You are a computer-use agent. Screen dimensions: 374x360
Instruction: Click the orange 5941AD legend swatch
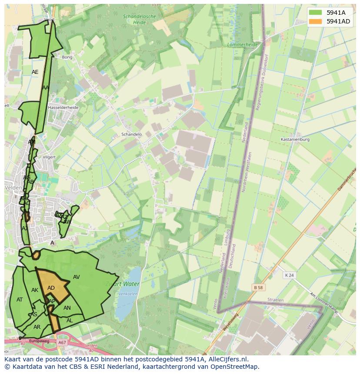[316, 21]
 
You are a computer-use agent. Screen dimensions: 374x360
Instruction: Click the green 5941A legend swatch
[316, 13]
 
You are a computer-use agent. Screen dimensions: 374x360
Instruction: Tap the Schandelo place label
[132, 135]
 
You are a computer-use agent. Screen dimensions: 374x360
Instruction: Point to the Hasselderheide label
[63, 107]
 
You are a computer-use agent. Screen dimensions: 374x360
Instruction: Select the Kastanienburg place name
[295, 139]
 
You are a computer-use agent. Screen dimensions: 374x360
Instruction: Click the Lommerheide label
[243, 44]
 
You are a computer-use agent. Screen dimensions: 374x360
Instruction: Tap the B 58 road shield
[259, 287]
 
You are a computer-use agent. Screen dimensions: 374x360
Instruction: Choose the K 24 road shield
[289, 275]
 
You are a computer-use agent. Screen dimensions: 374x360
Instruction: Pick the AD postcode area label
[51, 288]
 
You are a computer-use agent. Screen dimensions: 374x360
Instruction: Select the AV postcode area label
[77, 277]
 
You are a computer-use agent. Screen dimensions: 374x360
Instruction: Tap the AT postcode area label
[20, 300]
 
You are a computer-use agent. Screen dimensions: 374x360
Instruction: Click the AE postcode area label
[35, 72]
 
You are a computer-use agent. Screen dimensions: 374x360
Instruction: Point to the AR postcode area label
[37, 327]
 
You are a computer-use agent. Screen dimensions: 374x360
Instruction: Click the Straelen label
[275, 300]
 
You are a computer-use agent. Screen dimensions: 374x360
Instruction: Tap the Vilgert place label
[50, 157]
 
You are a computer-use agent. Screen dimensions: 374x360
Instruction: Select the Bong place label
[67, 57]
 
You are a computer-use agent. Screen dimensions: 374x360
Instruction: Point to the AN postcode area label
[67, 308]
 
